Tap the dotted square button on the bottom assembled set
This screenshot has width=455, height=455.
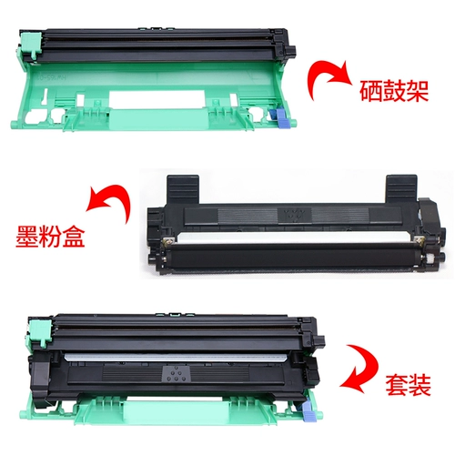[172, 372]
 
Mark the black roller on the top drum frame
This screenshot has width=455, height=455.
[155, 38]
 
